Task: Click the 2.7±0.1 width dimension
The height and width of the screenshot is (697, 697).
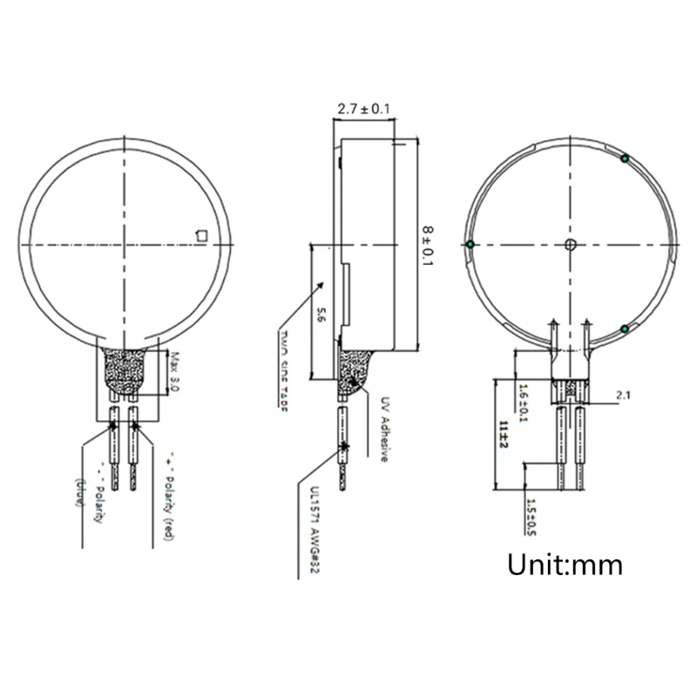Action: pos(363,109)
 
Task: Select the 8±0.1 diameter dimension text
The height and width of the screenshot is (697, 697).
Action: pos(427,247)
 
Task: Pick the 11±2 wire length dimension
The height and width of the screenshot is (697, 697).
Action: pos(504,433)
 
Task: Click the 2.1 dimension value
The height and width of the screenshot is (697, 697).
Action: pos(623,396)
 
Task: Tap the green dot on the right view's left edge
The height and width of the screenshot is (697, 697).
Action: pos(470,243)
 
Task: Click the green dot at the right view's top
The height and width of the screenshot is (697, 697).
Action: pos(625,159)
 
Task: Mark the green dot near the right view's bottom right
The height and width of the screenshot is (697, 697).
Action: pos(626,328)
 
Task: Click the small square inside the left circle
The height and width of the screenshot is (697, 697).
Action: pos(202,233)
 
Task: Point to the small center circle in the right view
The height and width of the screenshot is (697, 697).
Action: pos(570,243)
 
